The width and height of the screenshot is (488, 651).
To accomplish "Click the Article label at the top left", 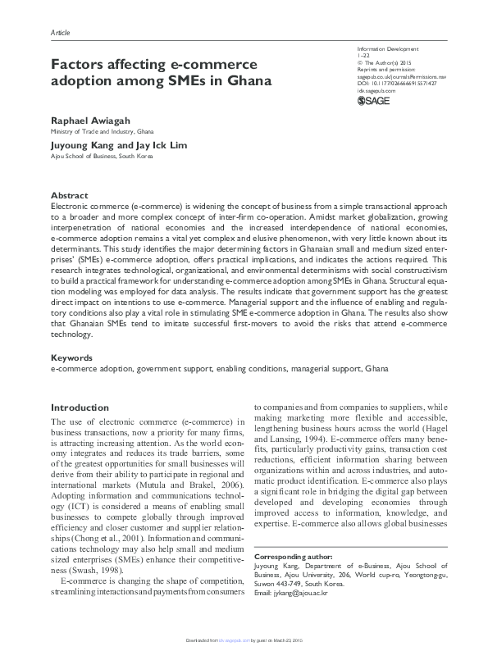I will tap(61, 32).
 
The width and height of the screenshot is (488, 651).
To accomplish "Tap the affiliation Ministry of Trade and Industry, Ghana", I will tap(102, 131).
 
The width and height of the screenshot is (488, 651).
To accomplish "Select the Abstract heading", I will tap(69, 196).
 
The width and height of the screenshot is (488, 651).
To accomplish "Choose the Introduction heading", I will tap(80, 407).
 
